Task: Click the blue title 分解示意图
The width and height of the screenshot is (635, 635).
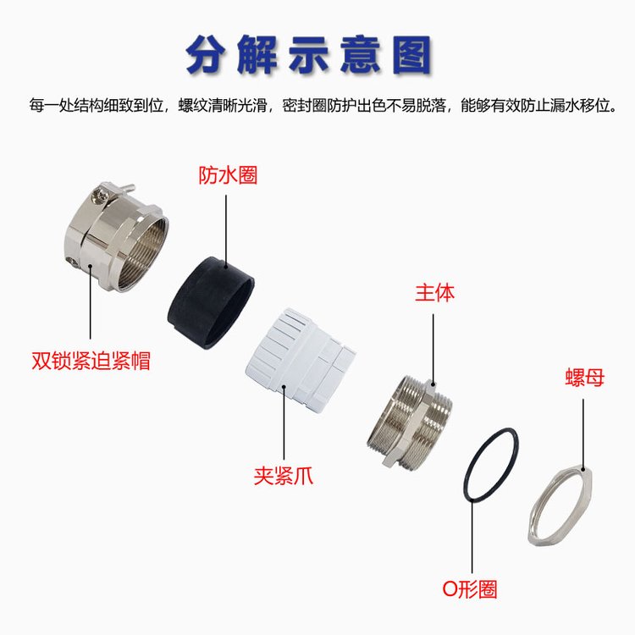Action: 309,55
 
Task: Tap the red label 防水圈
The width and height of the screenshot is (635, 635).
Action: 228,175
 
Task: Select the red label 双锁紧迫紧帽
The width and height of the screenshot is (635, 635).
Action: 91,360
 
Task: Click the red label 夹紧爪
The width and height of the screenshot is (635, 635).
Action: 283,476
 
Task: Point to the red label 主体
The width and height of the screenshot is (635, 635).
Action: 434,292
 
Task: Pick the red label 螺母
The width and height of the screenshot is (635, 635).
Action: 585,378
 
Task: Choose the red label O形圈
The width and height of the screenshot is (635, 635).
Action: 469,589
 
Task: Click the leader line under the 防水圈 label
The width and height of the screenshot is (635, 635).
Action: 226,231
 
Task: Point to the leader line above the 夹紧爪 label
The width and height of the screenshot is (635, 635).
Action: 284,422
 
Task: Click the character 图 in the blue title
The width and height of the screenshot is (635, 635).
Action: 412,55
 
